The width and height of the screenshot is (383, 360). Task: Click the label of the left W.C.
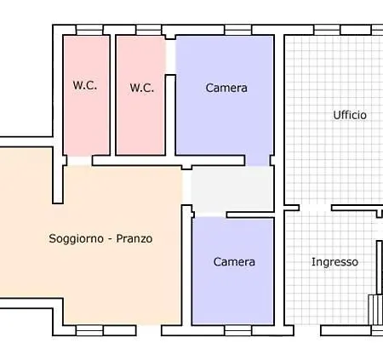click(x=84, y=85)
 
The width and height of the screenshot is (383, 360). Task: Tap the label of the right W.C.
click(x=141, y=87)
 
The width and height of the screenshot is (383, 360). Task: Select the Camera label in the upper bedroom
click(x=226, y=88)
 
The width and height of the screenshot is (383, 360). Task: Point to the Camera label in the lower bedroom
click(x=234, y=262)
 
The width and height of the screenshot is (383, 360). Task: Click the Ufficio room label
click(x=350, y=115)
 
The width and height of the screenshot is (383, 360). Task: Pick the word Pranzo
click(x=134, y=239)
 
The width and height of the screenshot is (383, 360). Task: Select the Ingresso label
click(x=334, y=262)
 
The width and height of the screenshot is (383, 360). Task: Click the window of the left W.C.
click(x=89, y=31)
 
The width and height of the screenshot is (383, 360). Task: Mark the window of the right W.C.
click(x=149, y=31)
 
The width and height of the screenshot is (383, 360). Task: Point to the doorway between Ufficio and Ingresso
click(x=315, y=207)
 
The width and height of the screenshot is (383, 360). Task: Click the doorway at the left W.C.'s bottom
click(x=79, y=160)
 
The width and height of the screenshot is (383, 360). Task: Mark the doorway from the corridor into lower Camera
click(x=210, y=213)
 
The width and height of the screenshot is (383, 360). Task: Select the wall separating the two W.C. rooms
click(x=113, y=94)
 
